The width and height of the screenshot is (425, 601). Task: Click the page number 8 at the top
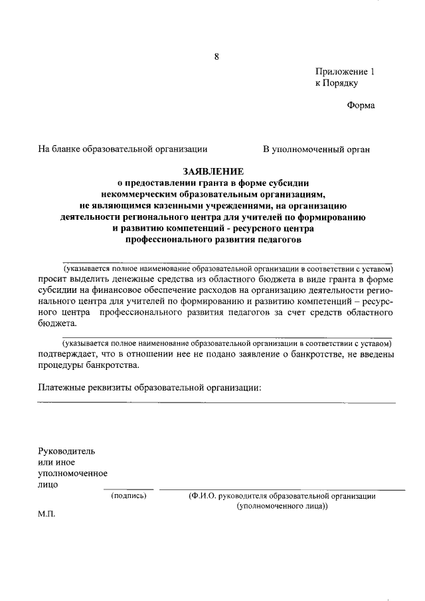(216, 56)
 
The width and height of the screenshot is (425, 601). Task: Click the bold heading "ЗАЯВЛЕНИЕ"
(213, 171)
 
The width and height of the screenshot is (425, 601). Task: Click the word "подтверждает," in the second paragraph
(68, 355)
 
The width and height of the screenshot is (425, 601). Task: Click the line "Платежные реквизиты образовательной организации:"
(149, 387)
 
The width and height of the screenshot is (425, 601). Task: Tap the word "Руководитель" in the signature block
(66, 451)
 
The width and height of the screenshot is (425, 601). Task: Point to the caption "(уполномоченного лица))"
(282, 505)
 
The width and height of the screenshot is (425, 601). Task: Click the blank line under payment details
(216, 402)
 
